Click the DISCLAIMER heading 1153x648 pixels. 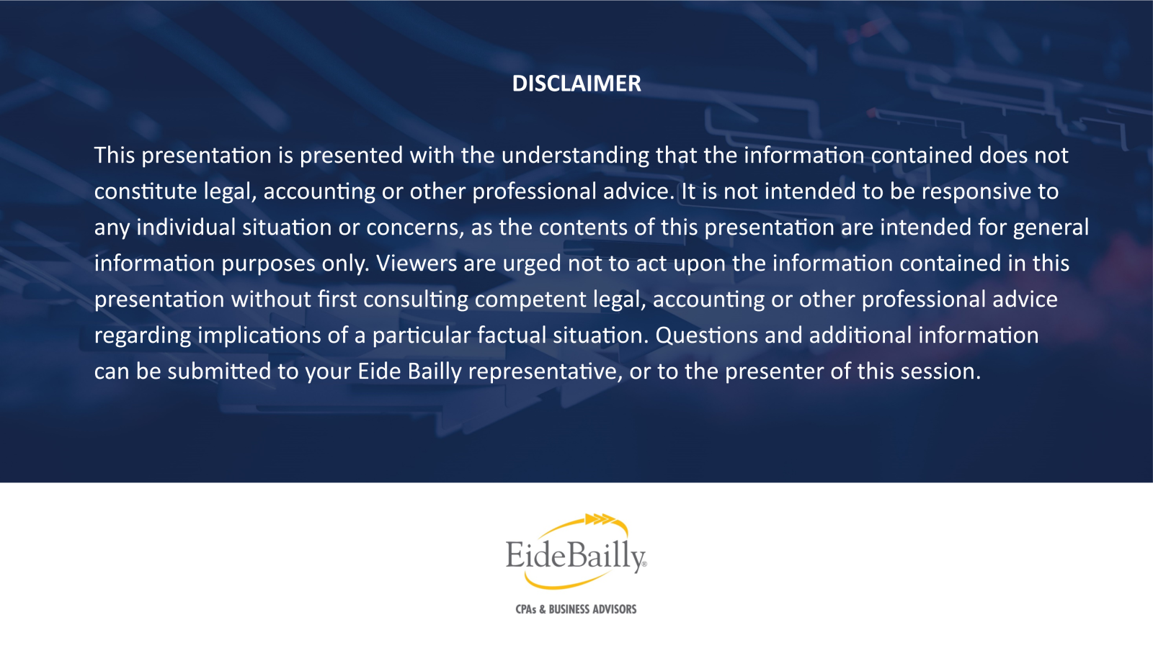(x=576, y=84)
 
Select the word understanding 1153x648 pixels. (x=575, y=156)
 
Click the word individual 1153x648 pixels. (x=186, y=227)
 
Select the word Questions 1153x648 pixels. (x=706, y=336)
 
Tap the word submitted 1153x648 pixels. (x=219, y=372)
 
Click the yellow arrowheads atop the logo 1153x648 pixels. (x=601, y=519)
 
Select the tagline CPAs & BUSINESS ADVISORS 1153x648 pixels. (x=576, y=609)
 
